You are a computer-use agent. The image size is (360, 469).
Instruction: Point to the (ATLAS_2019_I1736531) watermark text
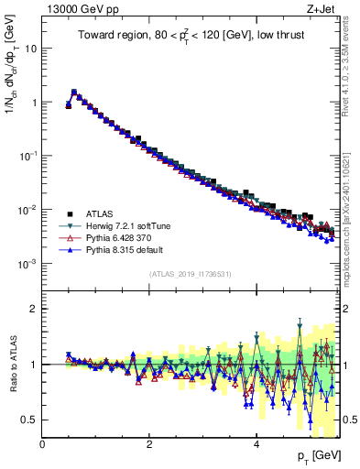point(191,275)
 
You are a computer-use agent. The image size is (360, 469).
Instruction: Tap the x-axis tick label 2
point(149,444)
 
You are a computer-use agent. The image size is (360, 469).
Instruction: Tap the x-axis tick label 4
point(256,444)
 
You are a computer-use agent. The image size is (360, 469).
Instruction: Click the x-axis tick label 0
point(42,444)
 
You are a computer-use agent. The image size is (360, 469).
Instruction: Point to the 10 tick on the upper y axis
point(30,49)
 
